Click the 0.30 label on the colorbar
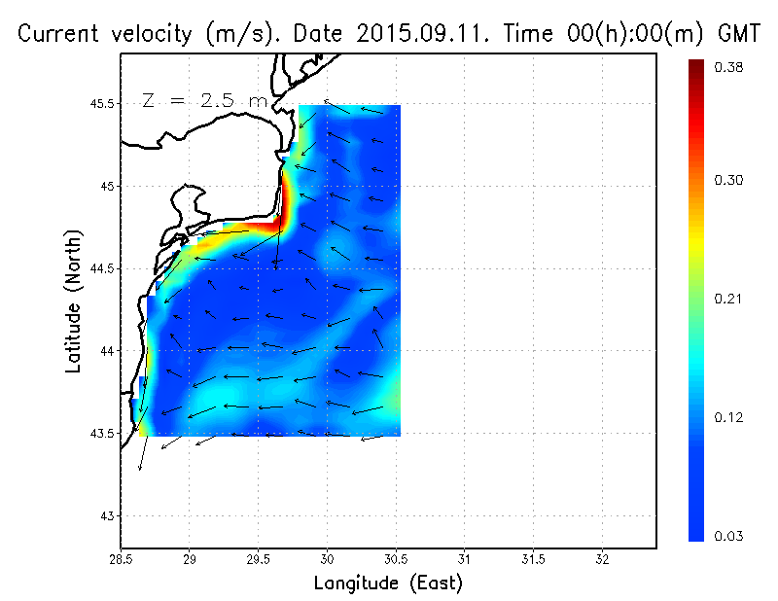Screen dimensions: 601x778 coord(728,180)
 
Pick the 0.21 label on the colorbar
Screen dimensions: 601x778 coord(728,299)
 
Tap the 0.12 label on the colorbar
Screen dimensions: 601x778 coord(728,417)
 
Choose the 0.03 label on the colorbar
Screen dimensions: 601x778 coord(728,536)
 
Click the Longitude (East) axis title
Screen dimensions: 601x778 coord(388,583)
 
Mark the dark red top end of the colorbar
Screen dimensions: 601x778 coord(696,66)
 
